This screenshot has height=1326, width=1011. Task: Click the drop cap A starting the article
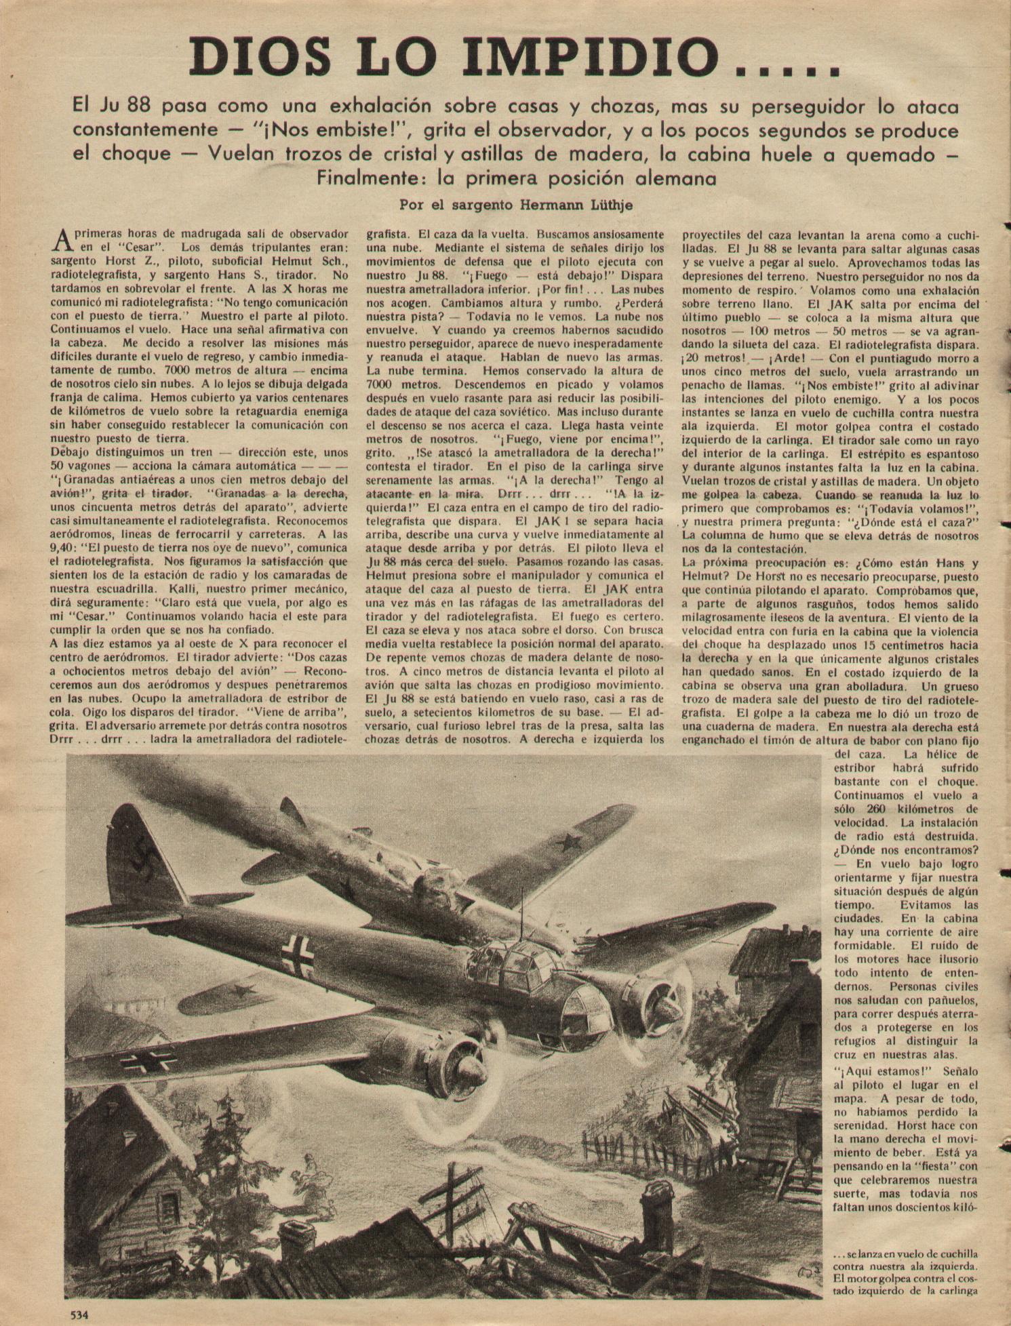coord(61,239)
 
